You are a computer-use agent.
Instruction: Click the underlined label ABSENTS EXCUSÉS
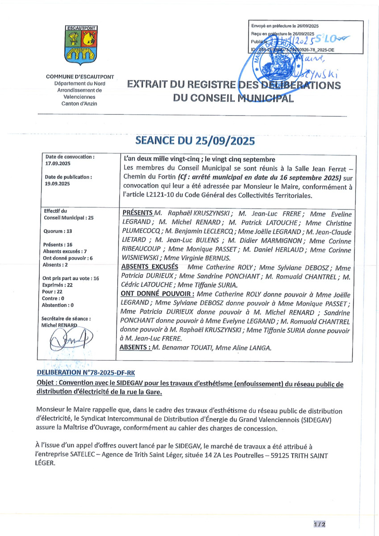point(150,267)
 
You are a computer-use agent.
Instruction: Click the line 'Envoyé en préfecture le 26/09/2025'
point(285,26)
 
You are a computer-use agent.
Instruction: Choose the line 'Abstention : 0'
point(58,306)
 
